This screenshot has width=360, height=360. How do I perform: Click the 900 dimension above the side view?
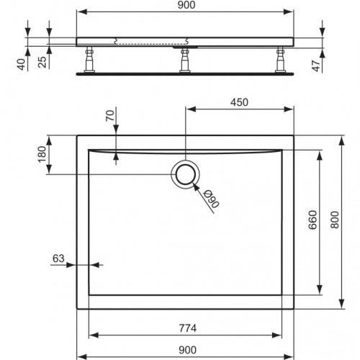point(185,6)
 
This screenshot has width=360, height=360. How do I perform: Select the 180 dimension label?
point(42,153)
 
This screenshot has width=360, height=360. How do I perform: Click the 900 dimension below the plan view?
point(185,351)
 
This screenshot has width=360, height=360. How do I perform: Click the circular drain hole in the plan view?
point(186,174)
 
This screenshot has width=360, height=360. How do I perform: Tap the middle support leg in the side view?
point(186,59)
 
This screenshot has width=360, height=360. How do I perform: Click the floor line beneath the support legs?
point(185,71)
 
